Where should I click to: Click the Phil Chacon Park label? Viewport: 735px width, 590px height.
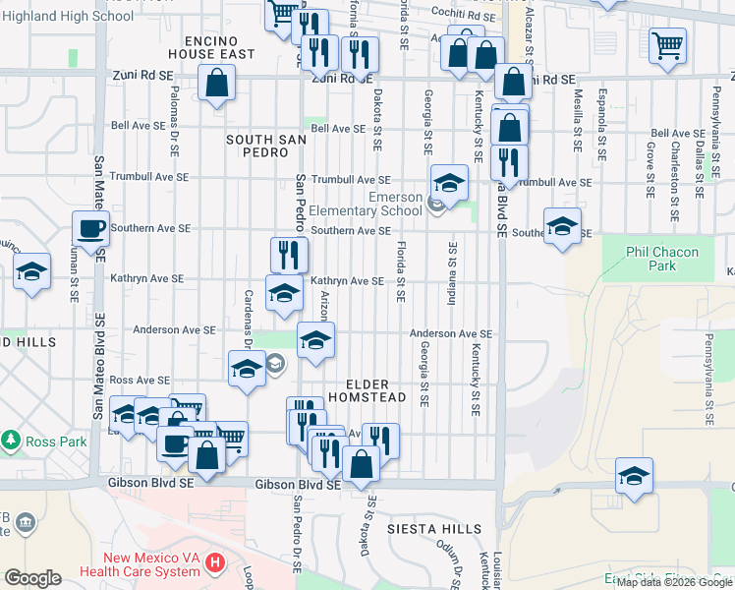pos(662,259)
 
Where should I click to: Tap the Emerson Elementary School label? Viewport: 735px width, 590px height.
pos(366,204)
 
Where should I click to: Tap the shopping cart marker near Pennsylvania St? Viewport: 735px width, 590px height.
pos(667,45)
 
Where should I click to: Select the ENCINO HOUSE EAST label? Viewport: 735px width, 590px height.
pos(219,47)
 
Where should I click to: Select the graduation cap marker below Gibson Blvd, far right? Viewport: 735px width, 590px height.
pos(635,477)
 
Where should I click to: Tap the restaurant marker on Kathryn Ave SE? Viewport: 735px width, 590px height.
pos(290,256)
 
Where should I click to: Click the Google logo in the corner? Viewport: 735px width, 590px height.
pos(32,578)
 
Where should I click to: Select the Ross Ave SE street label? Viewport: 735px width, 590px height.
pos(140,380)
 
